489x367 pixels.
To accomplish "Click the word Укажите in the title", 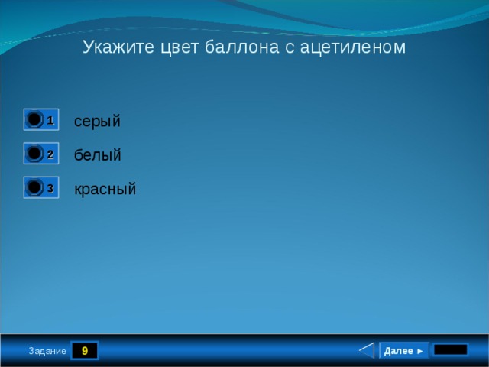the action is [118, 47].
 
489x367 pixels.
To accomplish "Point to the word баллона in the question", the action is [242, 47].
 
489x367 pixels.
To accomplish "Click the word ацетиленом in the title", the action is [353, 47].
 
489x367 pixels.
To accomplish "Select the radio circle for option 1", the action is [34, 119].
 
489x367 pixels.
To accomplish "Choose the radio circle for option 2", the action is [34, 153].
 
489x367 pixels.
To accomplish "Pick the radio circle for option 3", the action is [34, 187].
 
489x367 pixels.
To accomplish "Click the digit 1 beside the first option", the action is [50, 120].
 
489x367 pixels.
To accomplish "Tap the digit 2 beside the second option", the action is [50, 154].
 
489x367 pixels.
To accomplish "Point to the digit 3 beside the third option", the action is [50, 188].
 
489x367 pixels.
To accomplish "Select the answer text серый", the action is [97, 121].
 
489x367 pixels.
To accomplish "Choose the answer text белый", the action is [97, 154].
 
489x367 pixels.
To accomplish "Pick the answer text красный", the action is [105, 189].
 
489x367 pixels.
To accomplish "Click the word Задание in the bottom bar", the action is [47, 351].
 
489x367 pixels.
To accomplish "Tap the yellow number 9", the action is [85, 350].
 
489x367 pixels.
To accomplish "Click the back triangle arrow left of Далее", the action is [367, 350].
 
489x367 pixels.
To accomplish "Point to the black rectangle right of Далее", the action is [451, 349].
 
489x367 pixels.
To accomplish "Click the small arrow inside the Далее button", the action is [419, 352].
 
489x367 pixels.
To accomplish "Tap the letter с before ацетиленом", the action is [290, 49].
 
